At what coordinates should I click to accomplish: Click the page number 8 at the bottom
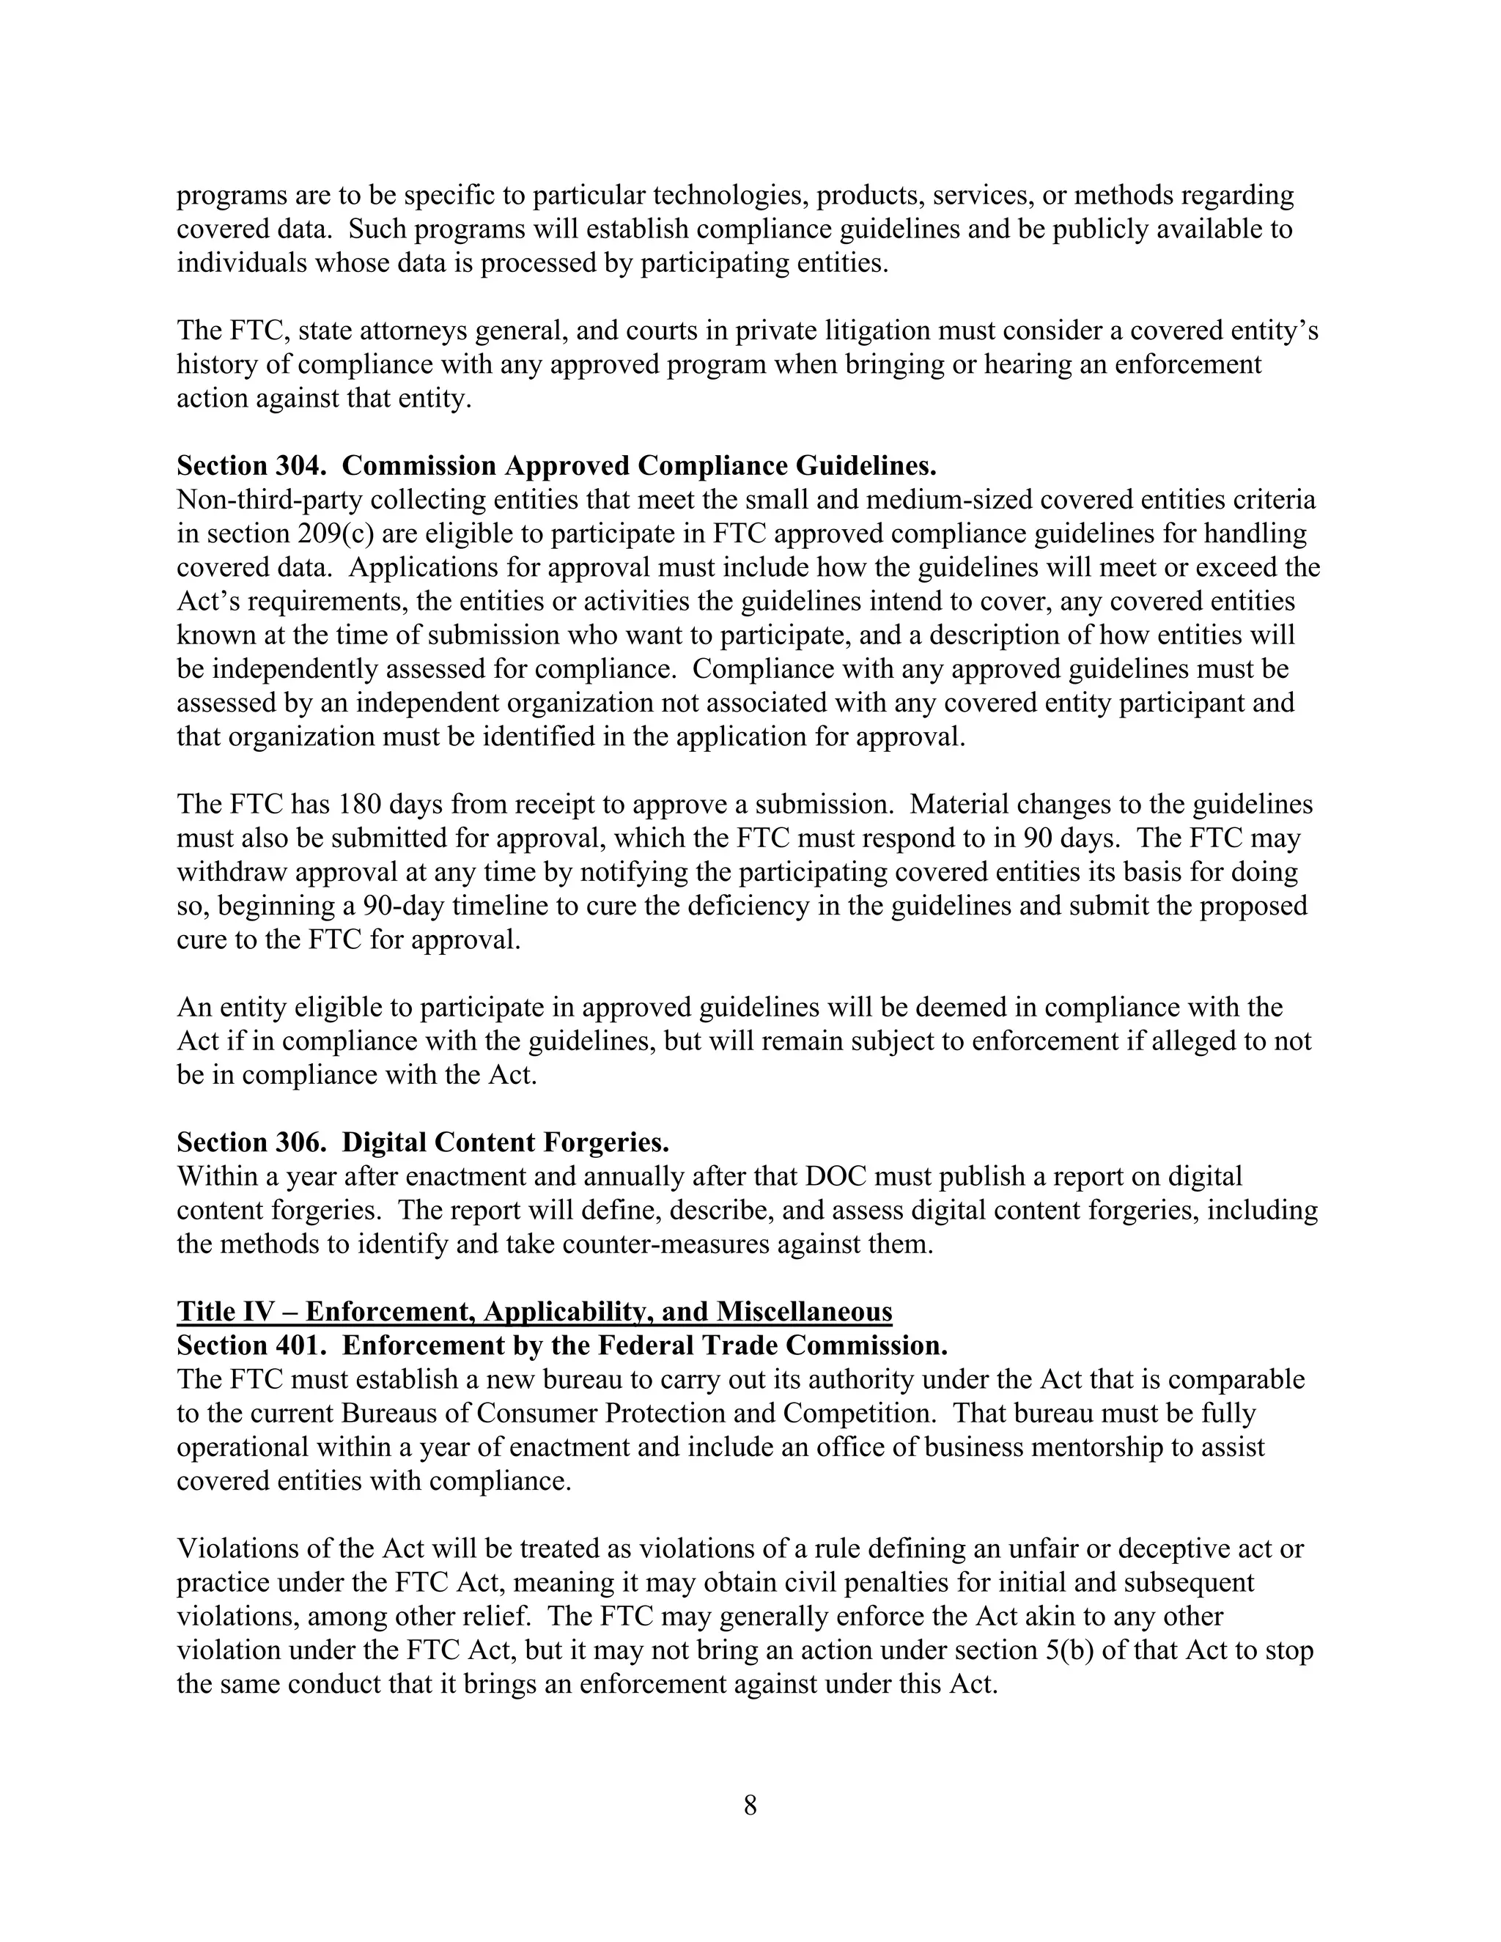pos(750,1805)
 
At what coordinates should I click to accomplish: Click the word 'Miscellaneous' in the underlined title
pos(804,1312)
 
